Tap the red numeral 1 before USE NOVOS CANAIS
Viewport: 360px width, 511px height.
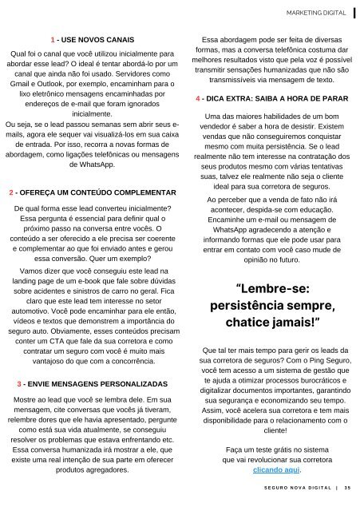point(52,38)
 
